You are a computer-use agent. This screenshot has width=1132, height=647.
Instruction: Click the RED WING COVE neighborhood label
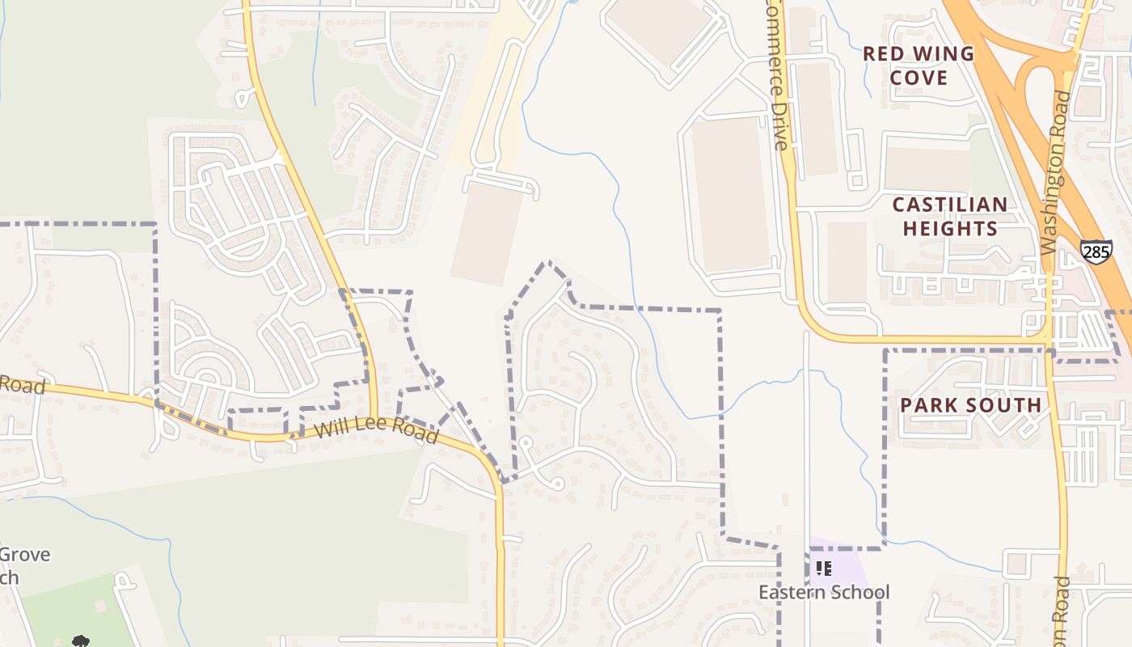coord(918,66)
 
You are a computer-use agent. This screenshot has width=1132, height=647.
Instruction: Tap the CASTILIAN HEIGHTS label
coord(950,216)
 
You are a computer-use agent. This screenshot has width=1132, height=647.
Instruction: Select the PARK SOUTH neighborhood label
coord(970,404)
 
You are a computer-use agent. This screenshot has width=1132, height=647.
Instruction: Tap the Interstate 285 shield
coord(1096,252)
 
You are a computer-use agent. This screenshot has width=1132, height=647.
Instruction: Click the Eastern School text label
coord(823,592)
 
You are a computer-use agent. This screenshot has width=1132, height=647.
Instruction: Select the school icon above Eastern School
coord(823,569)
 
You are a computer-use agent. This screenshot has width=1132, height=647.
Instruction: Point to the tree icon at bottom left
coord(79,641)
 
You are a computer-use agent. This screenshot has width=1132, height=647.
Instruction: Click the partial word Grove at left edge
coord(24,555)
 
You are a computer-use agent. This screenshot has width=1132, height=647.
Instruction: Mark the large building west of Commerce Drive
coord(729,194)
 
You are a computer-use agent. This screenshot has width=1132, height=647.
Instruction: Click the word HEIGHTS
coord(950,228)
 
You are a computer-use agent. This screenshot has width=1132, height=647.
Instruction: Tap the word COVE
coord(918,78)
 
